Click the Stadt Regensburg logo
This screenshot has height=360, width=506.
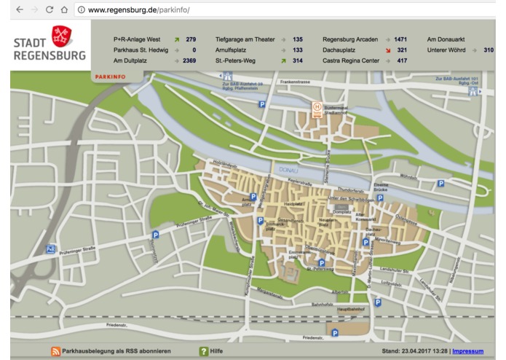click(50, 46)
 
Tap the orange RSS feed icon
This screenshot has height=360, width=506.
click(55, 351)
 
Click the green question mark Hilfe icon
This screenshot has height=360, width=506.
click(204, 351)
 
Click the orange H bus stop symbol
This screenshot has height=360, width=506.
click(317, 106)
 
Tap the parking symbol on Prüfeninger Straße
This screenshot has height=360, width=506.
click(155, 235)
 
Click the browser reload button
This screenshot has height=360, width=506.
click(45, 10)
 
